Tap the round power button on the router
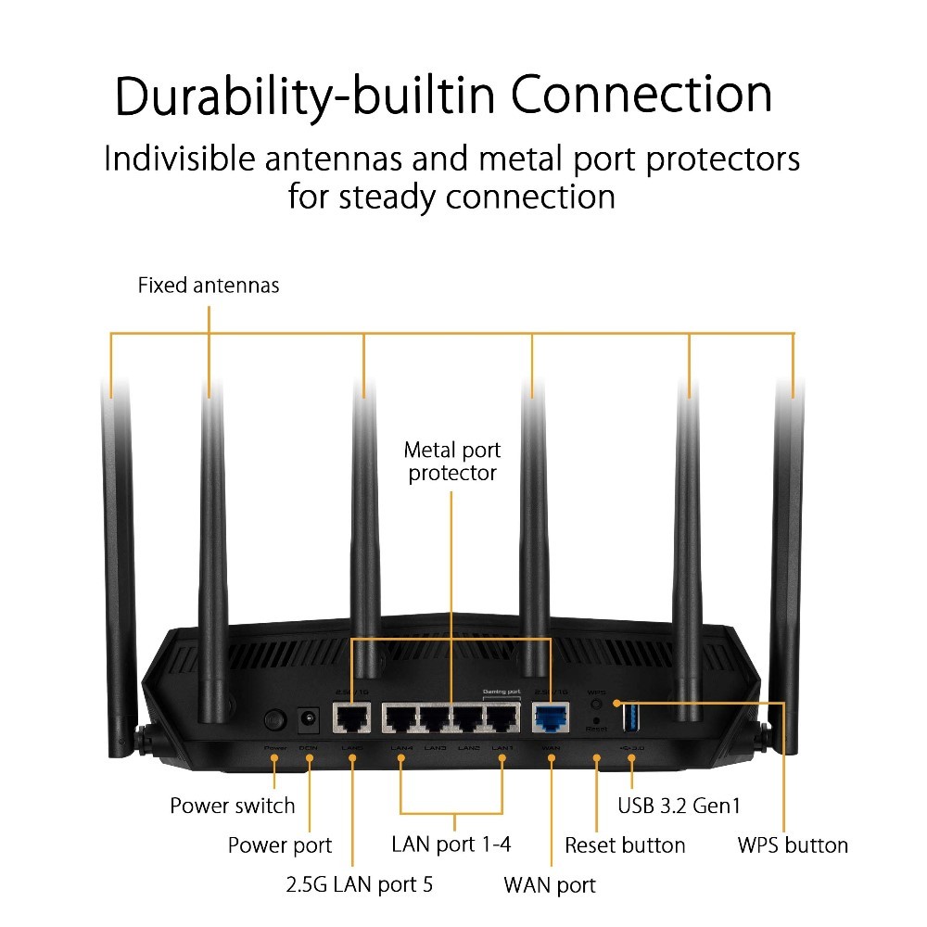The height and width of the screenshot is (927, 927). click(x=274, y=718)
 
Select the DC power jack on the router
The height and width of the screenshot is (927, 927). click(x=308, y=718)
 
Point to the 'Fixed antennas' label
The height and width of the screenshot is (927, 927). click(x=209, y=286)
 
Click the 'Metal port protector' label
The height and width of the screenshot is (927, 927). click(x=452, y=462)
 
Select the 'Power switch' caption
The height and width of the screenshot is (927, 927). click(x=232, y=806)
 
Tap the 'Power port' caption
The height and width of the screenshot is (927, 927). click(x=280, y=845)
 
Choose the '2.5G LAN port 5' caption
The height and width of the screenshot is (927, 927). click(x=359, y=884)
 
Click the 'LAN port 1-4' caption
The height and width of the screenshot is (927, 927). click(x=451, y=844)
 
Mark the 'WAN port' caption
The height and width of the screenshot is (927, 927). click(x=550, y=884)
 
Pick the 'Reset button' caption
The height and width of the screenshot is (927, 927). click(x=625, y=845)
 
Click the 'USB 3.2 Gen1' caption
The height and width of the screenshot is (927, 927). click(x=679, y=806)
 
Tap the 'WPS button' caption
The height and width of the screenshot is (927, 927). click(x=793, y=845)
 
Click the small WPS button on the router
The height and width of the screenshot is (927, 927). click(x=597, y=704)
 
